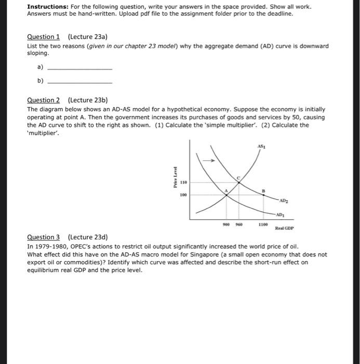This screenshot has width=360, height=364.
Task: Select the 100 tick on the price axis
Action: [183, 196]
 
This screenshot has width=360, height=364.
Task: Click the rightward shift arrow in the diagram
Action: [209, 160]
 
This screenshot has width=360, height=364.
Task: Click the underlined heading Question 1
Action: [43, 36]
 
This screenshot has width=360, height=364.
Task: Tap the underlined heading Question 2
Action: [43, 100]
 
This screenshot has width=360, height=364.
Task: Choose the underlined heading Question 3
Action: [43, 237]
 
